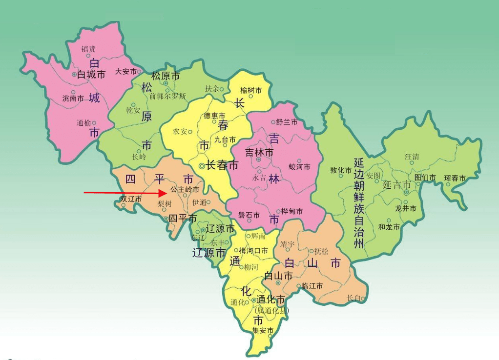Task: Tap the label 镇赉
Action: [x=88, y=48]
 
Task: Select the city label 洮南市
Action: [x=73, y=98]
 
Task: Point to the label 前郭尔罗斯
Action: [x=167, y=96]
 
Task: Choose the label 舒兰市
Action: [x=287, y=122]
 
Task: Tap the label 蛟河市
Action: [x=299, y=167]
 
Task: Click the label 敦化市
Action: [x=341, y=170]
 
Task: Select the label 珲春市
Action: [x=455, y=179]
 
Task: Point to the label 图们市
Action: [x=425, y=178]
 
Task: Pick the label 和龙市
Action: [x=389, y=227]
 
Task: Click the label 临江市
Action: [x=312, y=286]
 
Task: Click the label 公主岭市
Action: [x=184, y=189]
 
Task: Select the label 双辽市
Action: [x=131, y=199]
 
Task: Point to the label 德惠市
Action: [x=214, y=116]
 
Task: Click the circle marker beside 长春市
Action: [x=202, y=166]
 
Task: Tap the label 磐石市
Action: [x=249, y=215]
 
